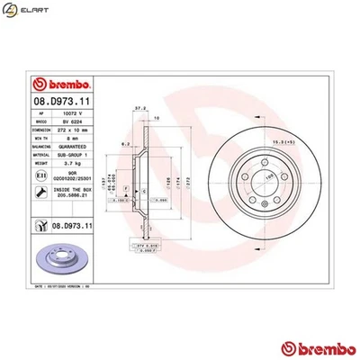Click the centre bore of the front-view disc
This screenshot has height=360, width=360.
[270, 183]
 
